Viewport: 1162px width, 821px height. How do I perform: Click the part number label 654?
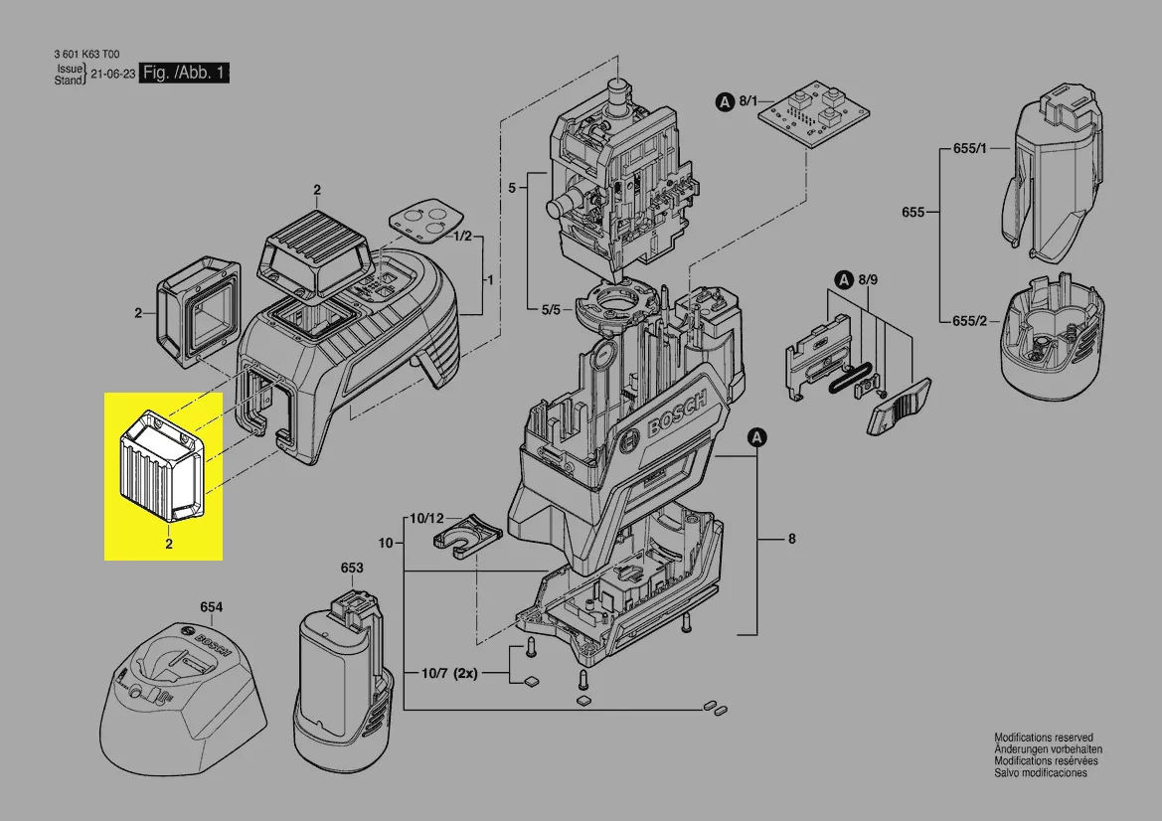coord(211,607)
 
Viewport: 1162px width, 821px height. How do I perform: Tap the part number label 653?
coord(352,568)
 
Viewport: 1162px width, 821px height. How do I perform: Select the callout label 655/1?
coord(970,148)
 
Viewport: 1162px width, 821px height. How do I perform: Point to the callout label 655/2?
coord(970,321)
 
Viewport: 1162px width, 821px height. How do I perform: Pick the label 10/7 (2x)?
coord(450,674)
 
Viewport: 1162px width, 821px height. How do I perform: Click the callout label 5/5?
coord(552,310)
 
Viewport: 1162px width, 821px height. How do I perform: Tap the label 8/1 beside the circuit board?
coord(748,101)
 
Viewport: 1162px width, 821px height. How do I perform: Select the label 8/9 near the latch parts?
coord(868,280)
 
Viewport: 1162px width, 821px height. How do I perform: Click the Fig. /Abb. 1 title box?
coord(184,73)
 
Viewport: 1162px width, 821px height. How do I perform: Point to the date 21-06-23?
coord(112,75)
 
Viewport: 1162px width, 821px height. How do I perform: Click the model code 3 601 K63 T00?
coord(86,54)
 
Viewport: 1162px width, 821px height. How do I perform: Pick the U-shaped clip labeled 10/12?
coord(467,533)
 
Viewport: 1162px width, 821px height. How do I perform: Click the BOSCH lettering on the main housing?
coord(677,414)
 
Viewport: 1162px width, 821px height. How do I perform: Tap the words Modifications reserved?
coord(1044,738)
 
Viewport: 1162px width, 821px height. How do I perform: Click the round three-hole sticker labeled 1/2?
coord(426,220)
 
